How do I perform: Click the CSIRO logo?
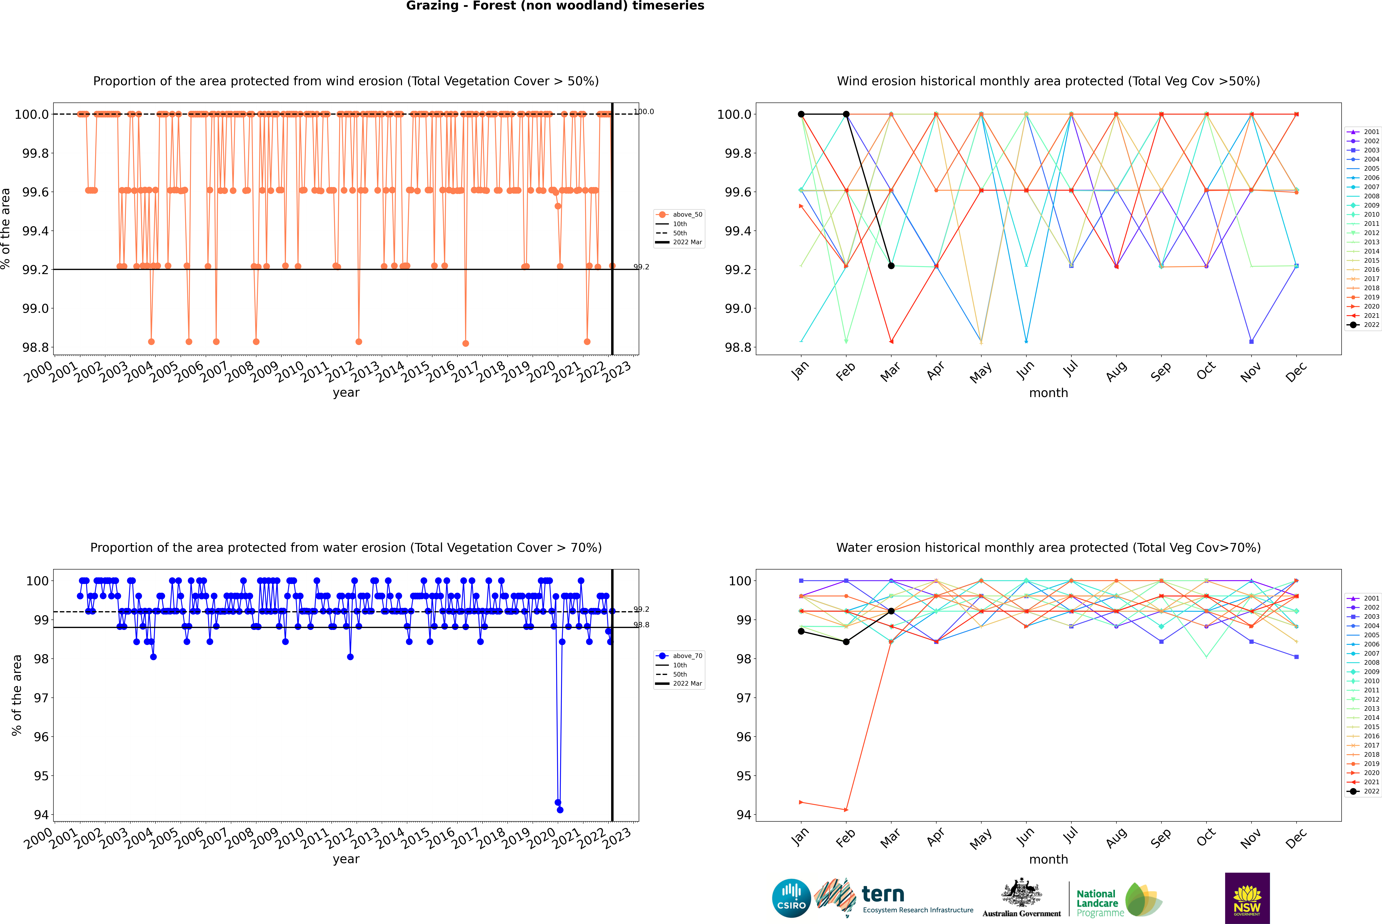point(791,898)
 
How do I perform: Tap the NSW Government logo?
point(1247,898)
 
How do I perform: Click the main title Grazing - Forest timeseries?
point(555,6)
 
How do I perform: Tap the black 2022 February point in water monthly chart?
point(846,642)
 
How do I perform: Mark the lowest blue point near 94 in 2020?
point(560,810)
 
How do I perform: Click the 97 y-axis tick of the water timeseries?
point(41,698)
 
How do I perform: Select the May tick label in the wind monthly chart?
point(980,372)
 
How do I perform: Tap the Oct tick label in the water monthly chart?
point(1205,837)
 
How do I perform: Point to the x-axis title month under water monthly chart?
point(1048,859)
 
